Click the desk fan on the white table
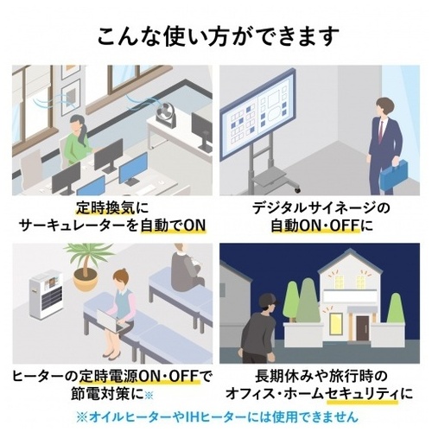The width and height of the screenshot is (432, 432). (x=166, y=115)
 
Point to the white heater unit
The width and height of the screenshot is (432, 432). (x=46, y=294)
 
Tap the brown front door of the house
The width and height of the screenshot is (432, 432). (x=363, y=328)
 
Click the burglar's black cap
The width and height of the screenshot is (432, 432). (x=269, y=300)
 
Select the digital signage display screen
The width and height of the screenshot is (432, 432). (x=257, y=114)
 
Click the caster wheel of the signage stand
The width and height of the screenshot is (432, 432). (x=297, y=190)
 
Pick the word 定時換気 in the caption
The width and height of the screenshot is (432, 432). (x=105, y=208)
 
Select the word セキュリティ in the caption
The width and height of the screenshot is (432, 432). (x=363, y=393)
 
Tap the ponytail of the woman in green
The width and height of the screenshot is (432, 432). (x=84, y=136)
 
